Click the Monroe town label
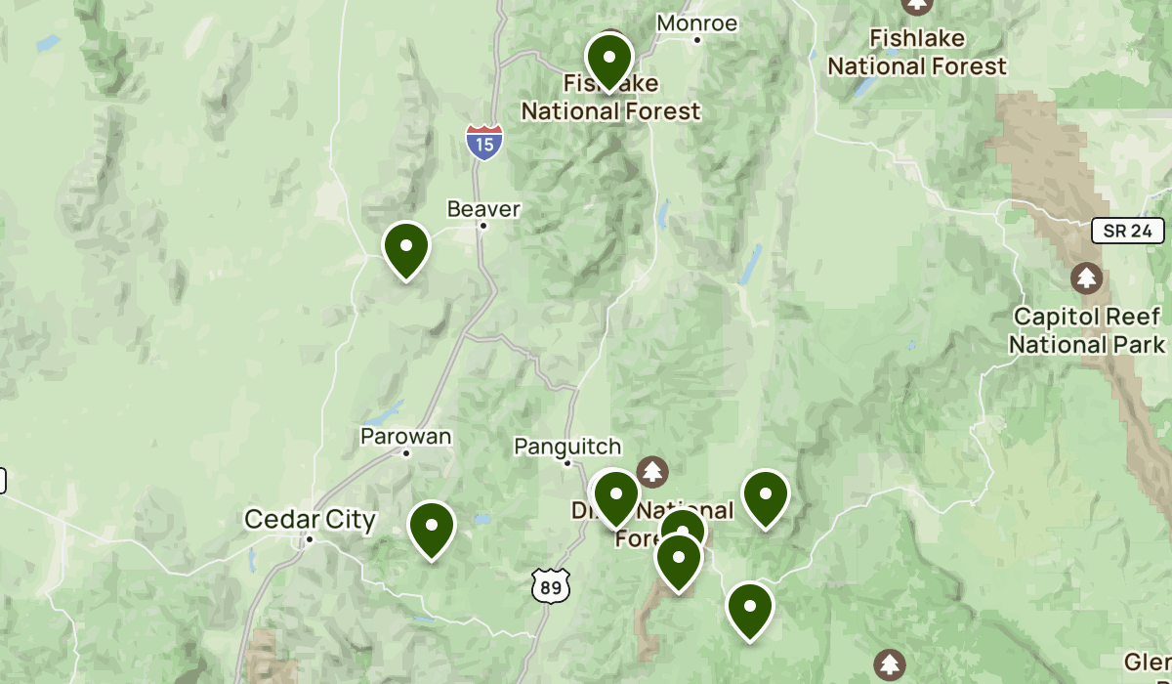pyautogui.click(x=696, y=22)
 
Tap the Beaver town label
pyautogui.click(x=483, y=208)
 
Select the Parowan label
pyautogui.click(x=406, y=436)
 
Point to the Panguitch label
pyautogui.click(x=567, y=447)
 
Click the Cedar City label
pyautogui.click(x=310, y=519)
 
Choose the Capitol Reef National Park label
pyautogui.click(x=1087, y=330)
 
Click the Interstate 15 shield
pyautogui.click(x=484, y=142)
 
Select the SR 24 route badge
pyautogui.click(x=1128, y=232)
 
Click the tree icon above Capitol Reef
pyautogui.click(x=1086, y=278)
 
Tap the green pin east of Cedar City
pyautogui.click(x=431, y=529)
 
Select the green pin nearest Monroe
pyautogui.click(x=608, y=61)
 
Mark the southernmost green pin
pyautogui.click(x=750, y=610)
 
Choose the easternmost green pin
pyautogui.click(x=766, y=498)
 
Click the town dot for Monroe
pyautogui.click(x=697, y=40)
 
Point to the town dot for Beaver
pyautogui.click(x=482, y=226)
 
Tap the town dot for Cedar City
pyautogui.click(x=310, y=538)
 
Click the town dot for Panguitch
pyautogui.click(x=567, y=463)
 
